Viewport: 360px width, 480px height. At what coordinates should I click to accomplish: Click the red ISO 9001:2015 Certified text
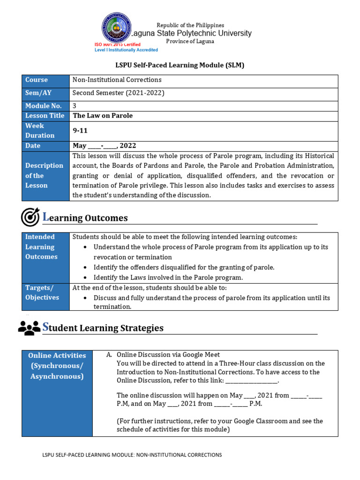pos(117,45)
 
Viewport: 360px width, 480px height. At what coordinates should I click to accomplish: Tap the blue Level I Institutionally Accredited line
pos(126,50)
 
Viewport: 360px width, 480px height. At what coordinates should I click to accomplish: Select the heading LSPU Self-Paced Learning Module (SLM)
pos(180,65)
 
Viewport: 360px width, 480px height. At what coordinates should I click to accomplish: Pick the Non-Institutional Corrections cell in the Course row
pos(117,80)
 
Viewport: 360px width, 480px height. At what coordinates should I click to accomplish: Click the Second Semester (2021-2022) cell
pos(118,93)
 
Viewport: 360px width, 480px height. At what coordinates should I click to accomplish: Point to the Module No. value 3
pos(75,106)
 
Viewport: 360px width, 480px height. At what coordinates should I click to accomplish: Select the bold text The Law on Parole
pos(103,116)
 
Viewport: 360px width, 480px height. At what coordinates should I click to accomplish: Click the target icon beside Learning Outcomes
pos(30,217)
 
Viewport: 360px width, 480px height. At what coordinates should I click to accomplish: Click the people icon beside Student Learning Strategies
pos(29,328)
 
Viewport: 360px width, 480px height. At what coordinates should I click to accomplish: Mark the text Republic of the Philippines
pos(190,25)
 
